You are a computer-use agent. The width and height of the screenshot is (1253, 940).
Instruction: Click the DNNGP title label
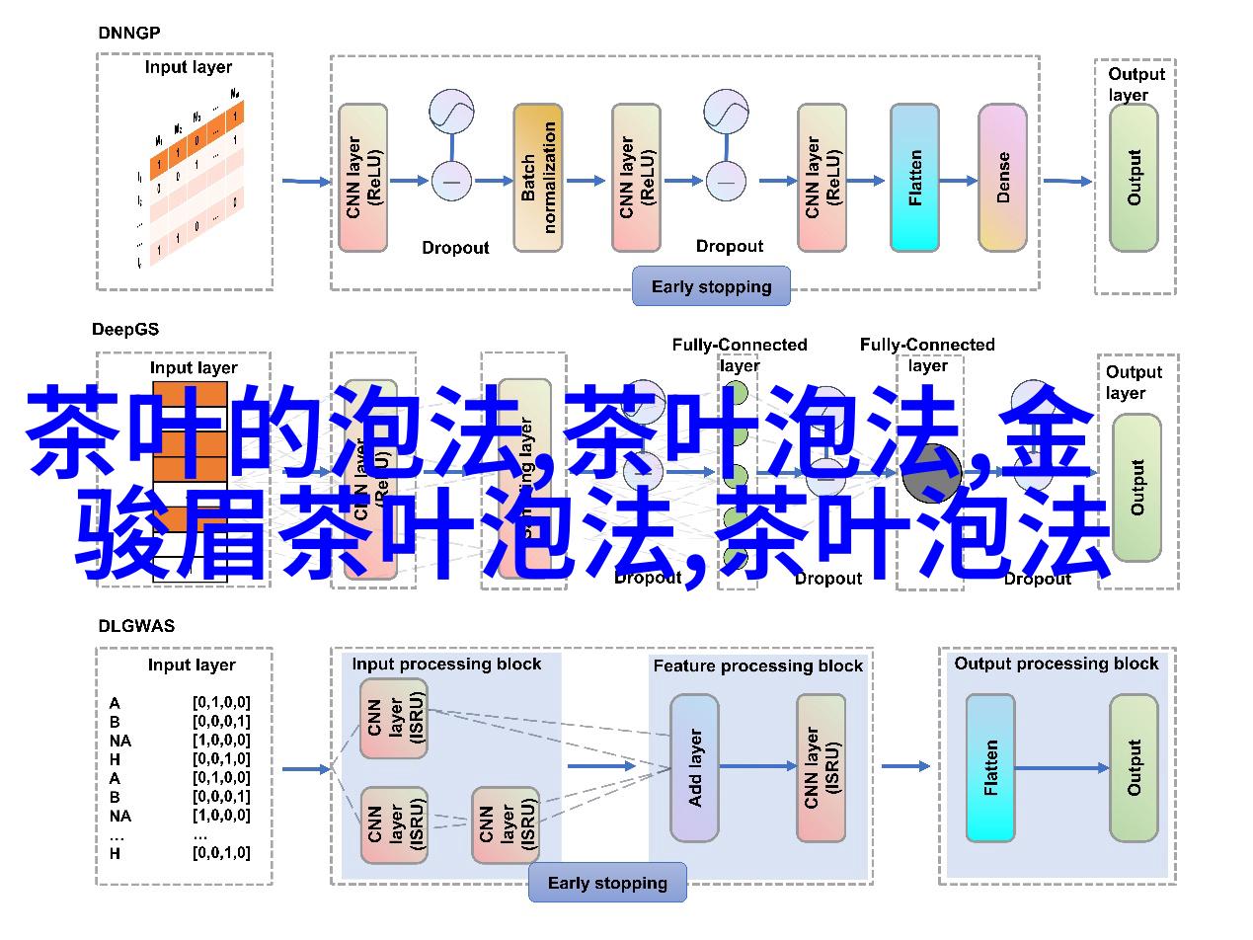[128, 33]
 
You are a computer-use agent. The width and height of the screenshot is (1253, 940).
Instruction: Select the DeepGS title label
[125, 329]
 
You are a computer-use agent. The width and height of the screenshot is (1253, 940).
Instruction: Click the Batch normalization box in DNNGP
[538, 178]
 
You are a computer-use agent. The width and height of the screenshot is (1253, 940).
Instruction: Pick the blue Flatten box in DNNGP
[914, 178]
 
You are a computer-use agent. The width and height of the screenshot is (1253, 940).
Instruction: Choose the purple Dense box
[1002, 178]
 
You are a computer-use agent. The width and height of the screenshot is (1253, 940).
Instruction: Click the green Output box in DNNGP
[1134, 178]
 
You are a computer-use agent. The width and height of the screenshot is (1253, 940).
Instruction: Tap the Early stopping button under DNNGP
[711, 287]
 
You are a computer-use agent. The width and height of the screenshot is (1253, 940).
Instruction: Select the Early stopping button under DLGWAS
[607, 884]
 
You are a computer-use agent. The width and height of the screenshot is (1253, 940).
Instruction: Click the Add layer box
[695, 767]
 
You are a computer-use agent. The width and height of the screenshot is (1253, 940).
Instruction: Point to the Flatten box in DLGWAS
[990, 767]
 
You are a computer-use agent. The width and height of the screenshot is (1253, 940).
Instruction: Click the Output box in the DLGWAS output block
[1134, 767]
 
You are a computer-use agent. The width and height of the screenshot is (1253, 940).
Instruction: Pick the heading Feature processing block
[757, 666]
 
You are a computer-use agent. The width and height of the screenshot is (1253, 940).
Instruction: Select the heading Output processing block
[1056, 664]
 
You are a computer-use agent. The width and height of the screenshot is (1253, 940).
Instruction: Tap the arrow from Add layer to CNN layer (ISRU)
[758, 766]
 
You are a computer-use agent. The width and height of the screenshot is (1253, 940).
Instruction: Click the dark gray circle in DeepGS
[931, 473]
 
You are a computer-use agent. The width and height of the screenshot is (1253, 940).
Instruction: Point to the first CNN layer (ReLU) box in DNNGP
[362, 178]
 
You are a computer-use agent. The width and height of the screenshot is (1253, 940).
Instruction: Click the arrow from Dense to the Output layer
[1067, 181]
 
